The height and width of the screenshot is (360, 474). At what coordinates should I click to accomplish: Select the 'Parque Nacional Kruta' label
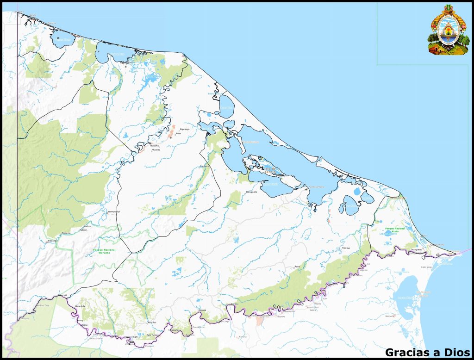coord(395,230)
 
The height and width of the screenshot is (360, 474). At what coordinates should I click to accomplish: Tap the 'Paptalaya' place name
coord(185,129)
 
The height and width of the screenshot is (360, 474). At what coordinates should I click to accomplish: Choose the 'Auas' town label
coord(178,133)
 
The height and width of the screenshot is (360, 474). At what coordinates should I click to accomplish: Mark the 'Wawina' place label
coord(156,150)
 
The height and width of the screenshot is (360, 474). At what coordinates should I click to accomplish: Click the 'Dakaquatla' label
coord(251,191)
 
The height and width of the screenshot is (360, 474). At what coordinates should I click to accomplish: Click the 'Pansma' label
coord(66,233)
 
